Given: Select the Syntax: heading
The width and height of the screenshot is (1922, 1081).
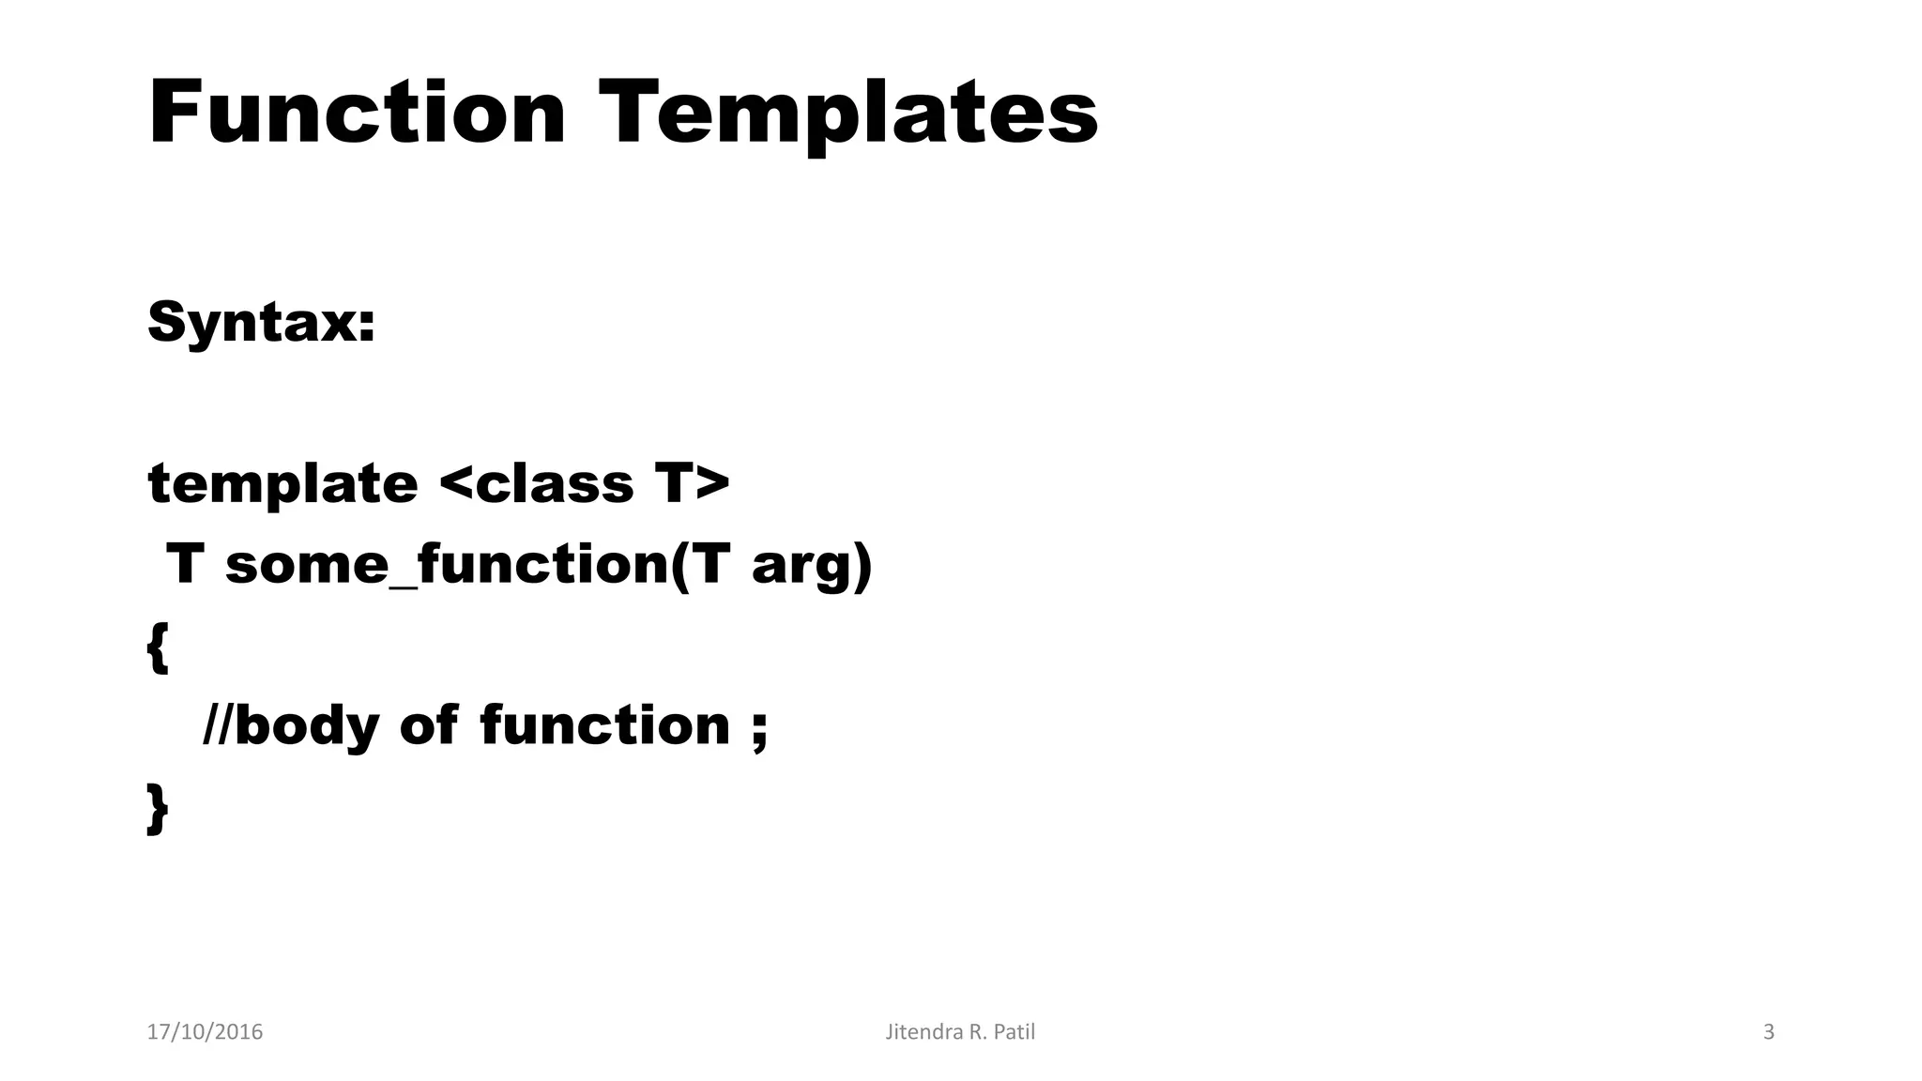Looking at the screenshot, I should (261, 322).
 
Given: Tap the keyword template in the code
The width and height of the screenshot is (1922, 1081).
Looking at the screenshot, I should (282, 484).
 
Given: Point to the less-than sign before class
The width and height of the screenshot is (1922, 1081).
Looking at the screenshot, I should (455, 484).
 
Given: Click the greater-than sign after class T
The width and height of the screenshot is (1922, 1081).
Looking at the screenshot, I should (712, 484).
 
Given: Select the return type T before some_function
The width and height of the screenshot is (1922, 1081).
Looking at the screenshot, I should (185, 565).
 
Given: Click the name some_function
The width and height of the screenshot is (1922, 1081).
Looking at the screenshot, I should (446, 565).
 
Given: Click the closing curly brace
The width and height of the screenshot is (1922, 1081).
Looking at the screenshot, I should (158, 808).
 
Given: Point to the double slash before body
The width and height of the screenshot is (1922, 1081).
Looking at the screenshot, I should (218, 725).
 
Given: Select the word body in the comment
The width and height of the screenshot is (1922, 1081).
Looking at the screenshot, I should (306, 727).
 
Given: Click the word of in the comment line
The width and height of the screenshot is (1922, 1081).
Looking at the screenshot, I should (429, 725).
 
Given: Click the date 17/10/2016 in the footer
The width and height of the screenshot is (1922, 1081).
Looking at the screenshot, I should (205, 1032).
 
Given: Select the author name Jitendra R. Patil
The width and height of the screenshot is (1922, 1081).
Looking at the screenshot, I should (960, 1032).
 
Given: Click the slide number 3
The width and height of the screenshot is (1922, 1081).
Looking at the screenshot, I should (1769, 1032).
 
